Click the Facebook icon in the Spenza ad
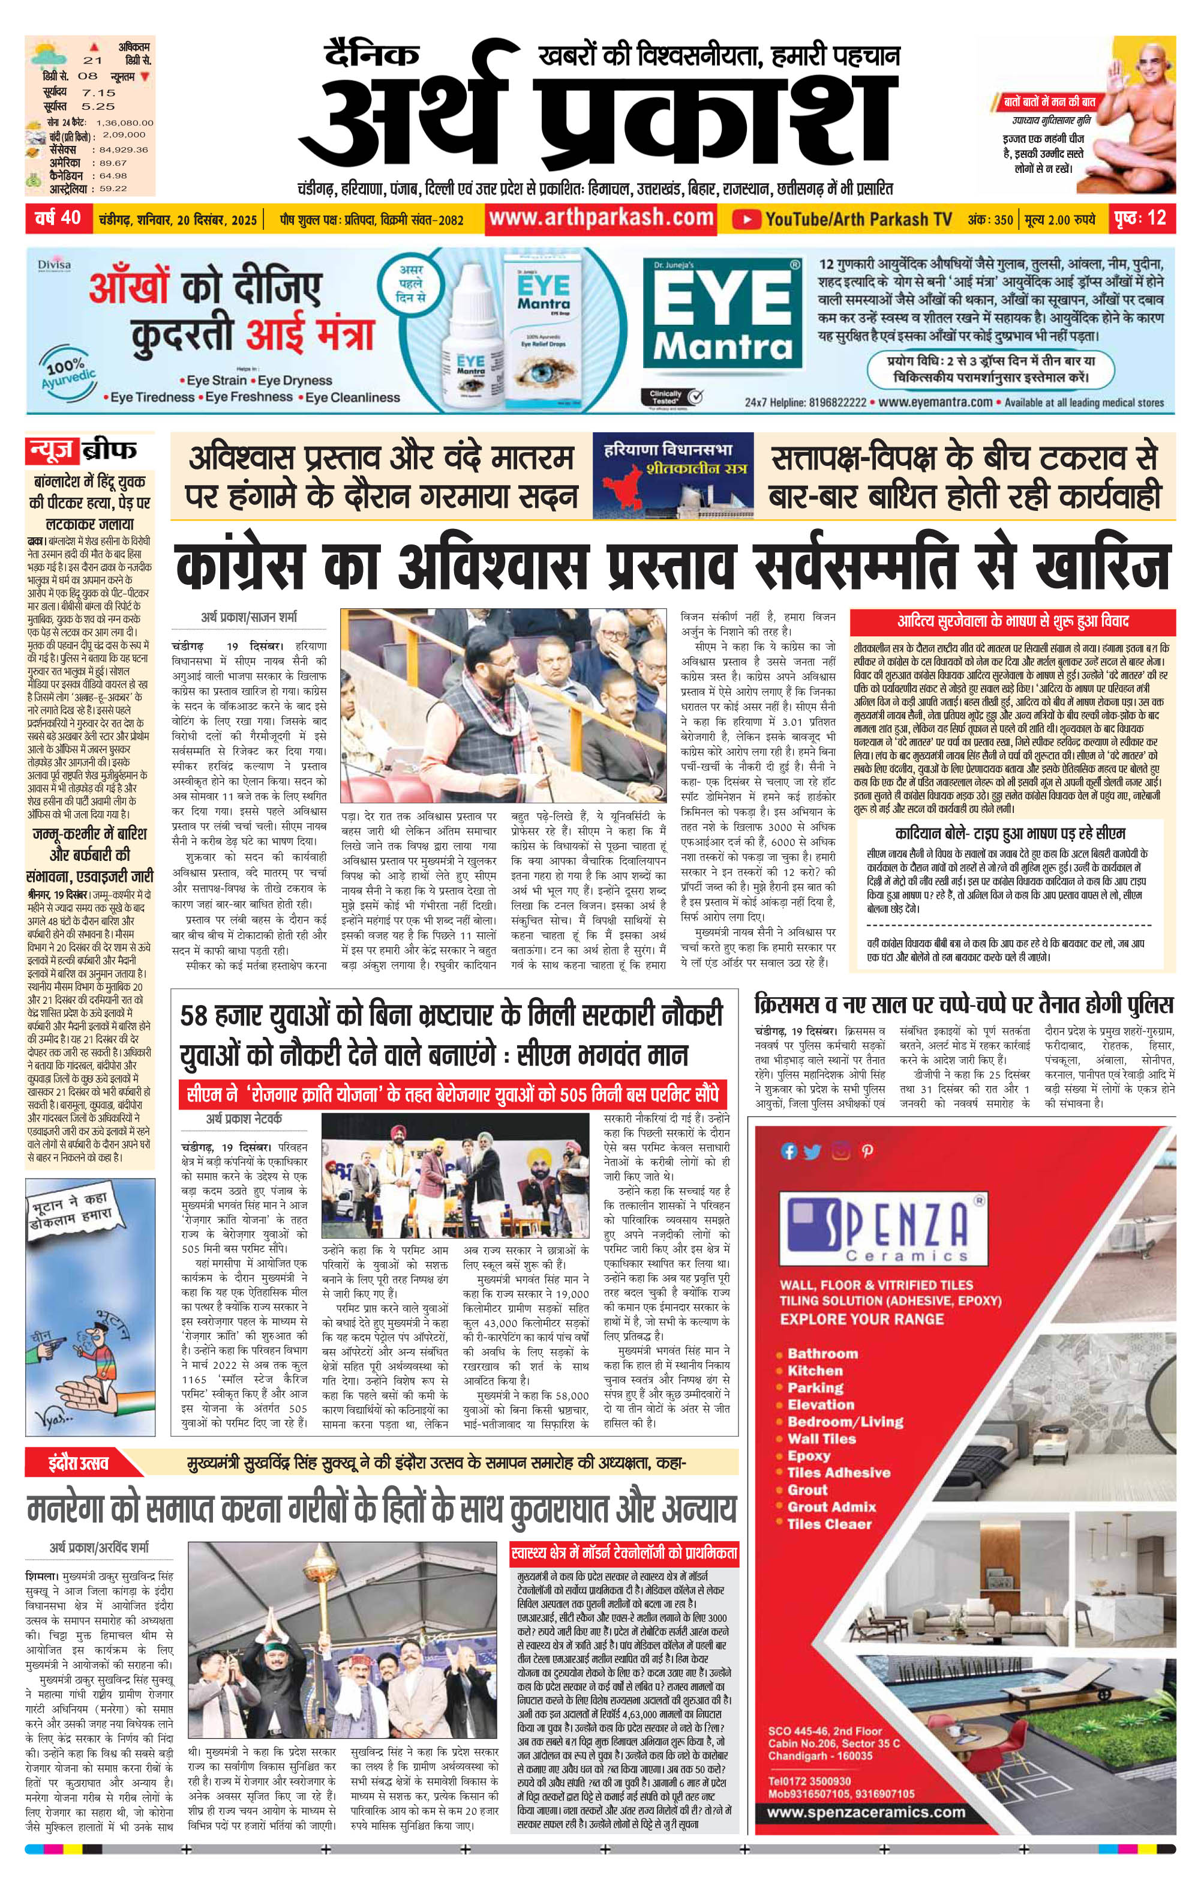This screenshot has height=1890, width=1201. [788, 1152]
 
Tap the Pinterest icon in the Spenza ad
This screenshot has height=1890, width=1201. [867, 1152]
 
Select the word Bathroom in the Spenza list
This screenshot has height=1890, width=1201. [822, 1353]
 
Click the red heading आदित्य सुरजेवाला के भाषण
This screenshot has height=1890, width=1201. [1012, 621]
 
